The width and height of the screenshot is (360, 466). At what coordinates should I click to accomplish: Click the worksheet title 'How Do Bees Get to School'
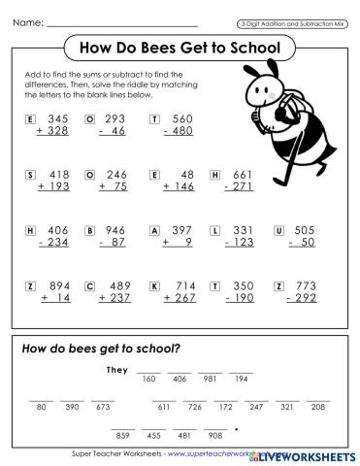coord(177,48)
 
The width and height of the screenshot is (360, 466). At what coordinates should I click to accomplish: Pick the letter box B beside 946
coord(90,231)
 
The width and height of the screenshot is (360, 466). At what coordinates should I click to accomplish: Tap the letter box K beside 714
coord(154,286)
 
